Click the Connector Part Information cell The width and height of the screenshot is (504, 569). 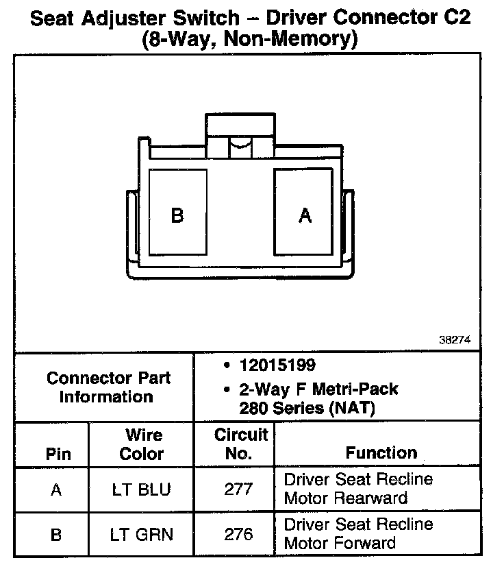pyautogui.click(x=108, y=387)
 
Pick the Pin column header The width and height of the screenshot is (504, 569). pyautogui.click(x=58, y=454)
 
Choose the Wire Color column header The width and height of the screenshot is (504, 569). pyautogui.click(x=142, y=444)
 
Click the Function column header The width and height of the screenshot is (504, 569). pyautogui.click(x=381, y=453)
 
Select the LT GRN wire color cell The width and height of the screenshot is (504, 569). pyautogui.click(x=142, y=534)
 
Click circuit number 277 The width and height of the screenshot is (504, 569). pyautogui.click(x=238, y=489)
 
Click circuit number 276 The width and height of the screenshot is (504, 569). pyautogui.click(x=238, y=534)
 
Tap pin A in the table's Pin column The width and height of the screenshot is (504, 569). pyautogui.click(x=57, y=490)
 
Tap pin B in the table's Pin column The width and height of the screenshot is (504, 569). pyautogui.click(x=57, y=534)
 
